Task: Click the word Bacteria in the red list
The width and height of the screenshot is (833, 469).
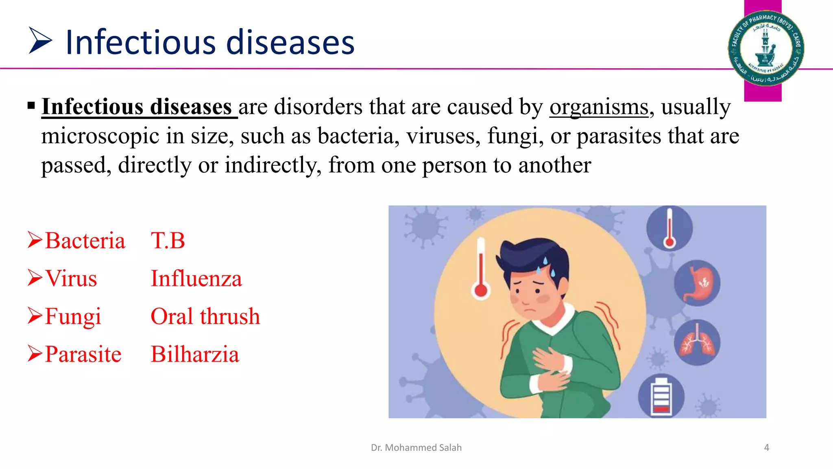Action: (85, 241)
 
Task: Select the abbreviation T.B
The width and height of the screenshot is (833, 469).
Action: (168, 241)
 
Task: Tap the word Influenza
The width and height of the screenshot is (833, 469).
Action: (196, 278)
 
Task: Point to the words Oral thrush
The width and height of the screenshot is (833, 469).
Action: (205, 316)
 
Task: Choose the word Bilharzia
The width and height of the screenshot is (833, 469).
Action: (195, 354)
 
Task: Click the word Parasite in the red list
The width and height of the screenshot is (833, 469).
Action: (83, 354)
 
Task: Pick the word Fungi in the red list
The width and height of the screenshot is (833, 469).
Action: (73, 317)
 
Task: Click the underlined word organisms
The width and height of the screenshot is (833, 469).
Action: (599, 107)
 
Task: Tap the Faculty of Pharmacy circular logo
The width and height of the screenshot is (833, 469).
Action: (765, 48)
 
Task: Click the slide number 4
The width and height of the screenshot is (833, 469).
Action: (766, 447)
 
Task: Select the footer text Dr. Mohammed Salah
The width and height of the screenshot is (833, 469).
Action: (416, 447)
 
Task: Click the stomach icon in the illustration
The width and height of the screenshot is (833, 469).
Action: (697, 283)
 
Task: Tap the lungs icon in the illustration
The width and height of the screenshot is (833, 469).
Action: (697, 342)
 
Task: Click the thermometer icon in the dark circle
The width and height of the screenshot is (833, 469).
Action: (669, 228)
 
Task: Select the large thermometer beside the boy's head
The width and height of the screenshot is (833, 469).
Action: (481, 269)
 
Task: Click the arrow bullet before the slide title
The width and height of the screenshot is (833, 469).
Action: (40, 40)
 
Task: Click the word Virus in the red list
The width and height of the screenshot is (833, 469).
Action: (71, 278)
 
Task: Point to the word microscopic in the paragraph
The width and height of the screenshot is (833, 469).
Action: (100, 136)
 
